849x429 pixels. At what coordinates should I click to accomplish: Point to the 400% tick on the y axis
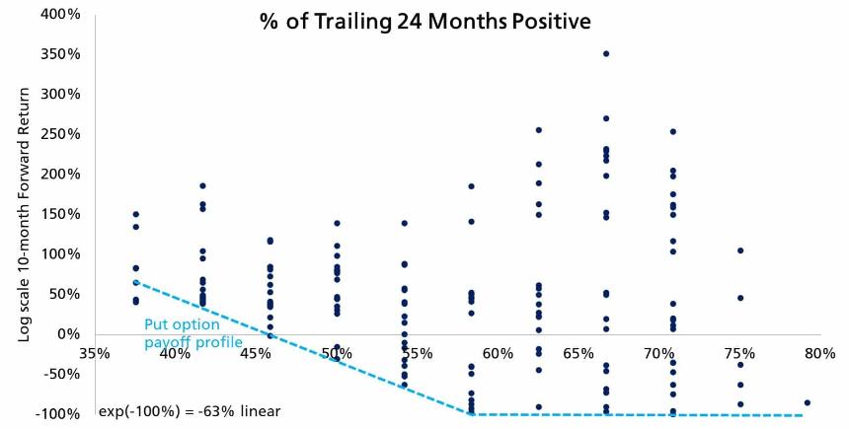57,14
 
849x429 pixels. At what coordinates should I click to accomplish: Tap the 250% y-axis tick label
57,134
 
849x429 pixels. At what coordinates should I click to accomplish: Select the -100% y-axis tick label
55,414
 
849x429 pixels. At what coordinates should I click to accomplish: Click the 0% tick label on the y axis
67,334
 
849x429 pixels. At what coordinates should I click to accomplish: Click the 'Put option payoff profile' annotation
193,333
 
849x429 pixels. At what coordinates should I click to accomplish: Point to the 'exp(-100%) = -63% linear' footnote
189,410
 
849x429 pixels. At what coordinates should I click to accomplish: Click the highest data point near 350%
606,53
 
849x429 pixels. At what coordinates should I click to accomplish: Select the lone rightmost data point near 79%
808,402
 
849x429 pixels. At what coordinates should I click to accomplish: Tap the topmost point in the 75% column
740,250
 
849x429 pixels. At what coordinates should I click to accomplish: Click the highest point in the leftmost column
135,214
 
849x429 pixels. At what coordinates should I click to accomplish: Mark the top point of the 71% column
673,131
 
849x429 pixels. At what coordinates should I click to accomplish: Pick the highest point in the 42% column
202,185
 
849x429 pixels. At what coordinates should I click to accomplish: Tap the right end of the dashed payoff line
802,415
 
